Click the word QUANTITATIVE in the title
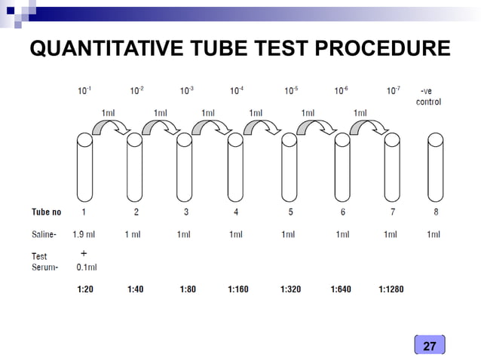[105, 50]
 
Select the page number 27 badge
[430, 346]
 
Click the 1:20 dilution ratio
[84, 288]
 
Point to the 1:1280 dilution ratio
[391, 288]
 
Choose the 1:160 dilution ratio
[237, 288]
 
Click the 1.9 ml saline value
[84, 234]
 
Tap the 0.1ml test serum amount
[87, 267]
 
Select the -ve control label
[428, 96]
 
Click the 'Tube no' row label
[46, 212]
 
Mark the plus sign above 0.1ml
[84, 254]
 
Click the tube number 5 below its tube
[287, 212]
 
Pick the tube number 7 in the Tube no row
[391, 212]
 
